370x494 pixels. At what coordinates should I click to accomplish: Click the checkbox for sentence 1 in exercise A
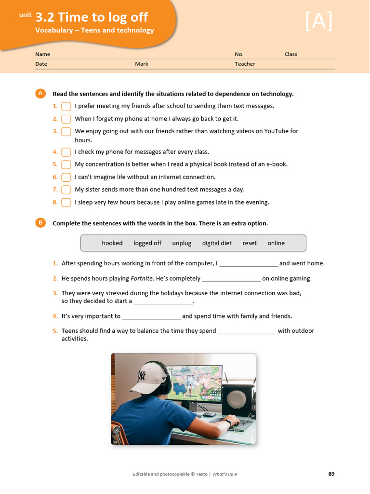66,106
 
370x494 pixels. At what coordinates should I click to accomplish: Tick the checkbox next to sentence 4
66,152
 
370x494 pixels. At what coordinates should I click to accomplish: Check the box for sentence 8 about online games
66,203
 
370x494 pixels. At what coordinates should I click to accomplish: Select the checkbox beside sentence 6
66,177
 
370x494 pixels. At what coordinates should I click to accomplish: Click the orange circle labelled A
40,94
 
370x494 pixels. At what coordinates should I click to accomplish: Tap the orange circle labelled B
40,223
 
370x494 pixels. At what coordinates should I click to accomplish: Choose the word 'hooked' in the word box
112,243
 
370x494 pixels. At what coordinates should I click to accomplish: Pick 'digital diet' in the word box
217,243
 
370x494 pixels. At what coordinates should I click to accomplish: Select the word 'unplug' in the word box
182,243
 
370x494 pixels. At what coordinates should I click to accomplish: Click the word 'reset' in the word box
250,243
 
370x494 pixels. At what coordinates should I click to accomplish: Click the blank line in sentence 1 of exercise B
249,264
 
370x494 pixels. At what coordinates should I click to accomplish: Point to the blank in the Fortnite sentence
231,279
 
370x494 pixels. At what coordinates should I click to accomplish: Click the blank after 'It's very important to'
152,317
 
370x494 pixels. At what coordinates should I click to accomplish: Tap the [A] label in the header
318,22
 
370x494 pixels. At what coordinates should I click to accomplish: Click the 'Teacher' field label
245,64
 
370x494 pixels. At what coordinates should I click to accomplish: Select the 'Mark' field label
142,64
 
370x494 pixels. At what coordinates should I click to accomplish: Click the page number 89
331,474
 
